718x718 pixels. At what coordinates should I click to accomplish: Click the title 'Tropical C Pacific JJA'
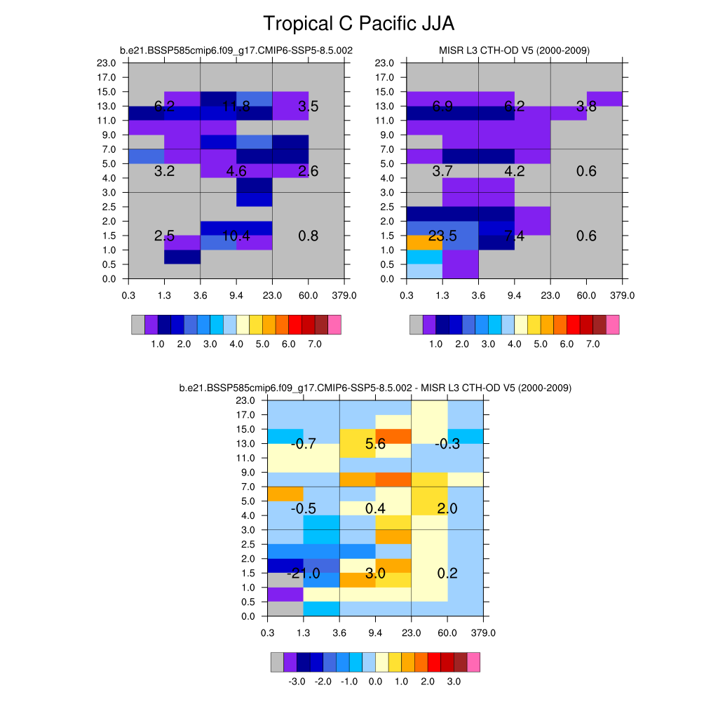coord(358,24)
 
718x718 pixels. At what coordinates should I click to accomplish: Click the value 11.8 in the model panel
coord(236,107)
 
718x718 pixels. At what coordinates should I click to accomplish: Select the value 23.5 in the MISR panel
coord(442,236)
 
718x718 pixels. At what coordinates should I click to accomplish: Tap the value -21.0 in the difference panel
coord(304,574)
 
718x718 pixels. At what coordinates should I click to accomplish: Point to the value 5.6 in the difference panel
coord(376,444)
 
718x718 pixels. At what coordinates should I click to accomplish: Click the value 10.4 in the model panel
coord(236,236)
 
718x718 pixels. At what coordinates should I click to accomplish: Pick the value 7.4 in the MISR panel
coord(515,236)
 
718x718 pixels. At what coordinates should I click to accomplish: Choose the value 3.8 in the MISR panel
coord(586,107)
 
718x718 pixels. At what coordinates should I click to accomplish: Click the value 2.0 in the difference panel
coord(447,509)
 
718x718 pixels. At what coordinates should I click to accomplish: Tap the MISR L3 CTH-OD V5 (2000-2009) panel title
coord(514,50)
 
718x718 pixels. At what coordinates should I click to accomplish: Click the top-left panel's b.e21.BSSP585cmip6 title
coord(236,50)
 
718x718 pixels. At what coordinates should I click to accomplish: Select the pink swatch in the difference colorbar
coord(473,662)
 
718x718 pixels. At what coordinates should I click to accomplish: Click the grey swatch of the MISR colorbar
coord(416,324)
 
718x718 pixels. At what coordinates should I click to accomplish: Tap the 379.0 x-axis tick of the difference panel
coord(484,632)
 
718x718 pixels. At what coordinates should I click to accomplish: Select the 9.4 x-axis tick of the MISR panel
coord(515,295)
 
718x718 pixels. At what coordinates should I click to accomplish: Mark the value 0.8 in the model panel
coord(309,236)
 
